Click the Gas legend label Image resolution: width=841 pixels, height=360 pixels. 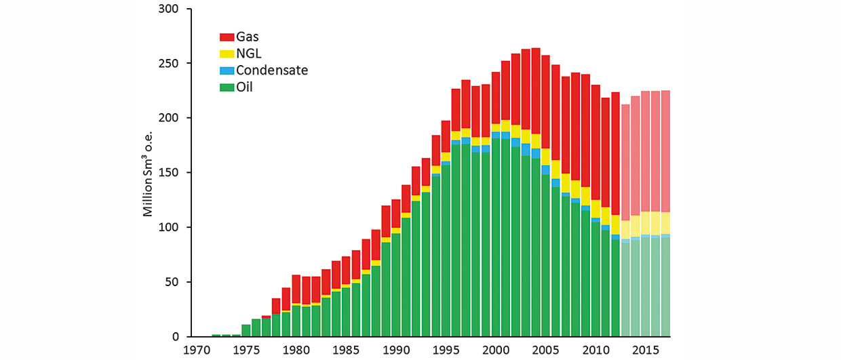[x=247, y=37]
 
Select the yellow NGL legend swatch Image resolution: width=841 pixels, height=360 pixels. [x=227, y=54]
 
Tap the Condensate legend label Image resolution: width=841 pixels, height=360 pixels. [x=272, y=71]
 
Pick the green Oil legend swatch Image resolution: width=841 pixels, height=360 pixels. [x=227, y=87]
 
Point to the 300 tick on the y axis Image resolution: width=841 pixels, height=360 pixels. [x=168, y=9]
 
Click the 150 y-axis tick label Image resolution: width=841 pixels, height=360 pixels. [x=168, y=173]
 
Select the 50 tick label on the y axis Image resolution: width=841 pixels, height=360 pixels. [x=172, y=282]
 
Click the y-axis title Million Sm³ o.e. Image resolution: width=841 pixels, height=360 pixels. [x=148, y=174]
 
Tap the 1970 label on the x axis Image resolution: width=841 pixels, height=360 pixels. [x=197, y=351]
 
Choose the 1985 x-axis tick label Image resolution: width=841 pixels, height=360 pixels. [x=346, y=351]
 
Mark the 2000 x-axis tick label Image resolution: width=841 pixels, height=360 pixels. [x=496, y=351]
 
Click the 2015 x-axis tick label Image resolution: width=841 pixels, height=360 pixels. [x=646, y=351]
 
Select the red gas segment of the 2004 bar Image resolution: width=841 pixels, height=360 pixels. [x=536, y=92]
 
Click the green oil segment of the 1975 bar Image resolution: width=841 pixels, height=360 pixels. [x=246, y=330]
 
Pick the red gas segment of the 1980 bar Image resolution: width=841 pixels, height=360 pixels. [x=296, y=289]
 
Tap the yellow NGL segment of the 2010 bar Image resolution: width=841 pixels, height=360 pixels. [x=596, y=209]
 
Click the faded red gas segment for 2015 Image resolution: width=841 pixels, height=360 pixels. [x=646, y=152]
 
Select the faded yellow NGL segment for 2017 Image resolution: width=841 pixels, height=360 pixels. [x=665, y=223]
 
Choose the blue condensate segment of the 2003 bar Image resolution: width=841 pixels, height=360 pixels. [x=526, y=150]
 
